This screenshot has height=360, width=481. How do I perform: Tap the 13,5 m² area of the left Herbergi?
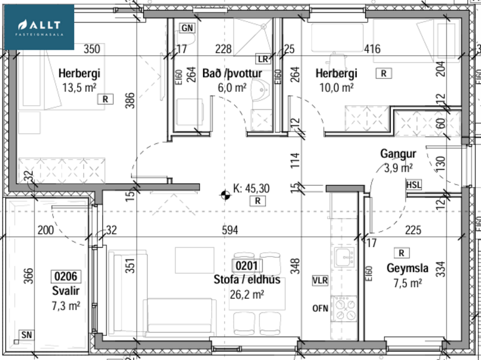pyautogui.click(x=79, y=88)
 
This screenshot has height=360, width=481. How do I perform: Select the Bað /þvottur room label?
pyautogui.click(x=232, y=74)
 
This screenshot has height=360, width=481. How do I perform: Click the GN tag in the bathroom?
pyautogui.click(x=187, y=28)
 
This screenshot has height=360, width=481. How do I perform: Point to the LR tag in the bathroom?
pyautogui.click(x=263, y=59)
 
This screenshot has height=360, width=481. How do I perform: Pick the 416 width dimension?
pyautogui.click(x=371, y=49)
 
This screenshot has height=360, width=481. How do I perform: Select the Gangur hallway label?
pyautogui.click(x=397, y=154)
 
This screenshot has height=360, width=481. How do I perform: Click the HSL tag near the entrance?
pyautogui.click(x=414, y=184)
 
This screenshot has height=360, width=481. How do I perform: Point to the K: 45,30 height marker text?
pyautogui.click(x=251, y=188)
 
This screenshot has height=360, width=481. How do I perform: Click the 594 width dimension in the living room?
pyautogui.click(x=230, y=231)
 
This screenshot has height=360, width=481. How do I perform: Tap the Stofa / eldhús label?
pyautogui.click(x=247, y=280)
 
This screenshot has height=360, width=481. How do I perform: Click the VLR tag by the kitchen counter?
pyautogui.click(x=320, y=280)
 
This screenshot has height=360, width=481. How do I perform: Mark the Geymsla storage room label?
pyautogui.click(x=407, y=268)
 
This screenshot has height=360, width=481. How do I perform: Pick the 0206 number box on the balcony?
pyautogui.click(x=65, y=276)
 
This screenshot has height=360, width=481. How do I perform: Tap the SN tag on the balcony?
pyautogui.click(x=26, y=334)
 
